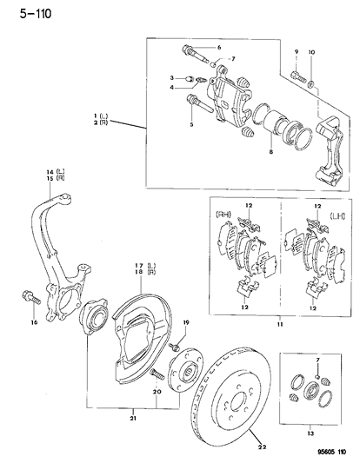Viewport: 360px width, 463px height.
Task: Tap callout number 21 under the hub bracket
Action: (x=131, y=420)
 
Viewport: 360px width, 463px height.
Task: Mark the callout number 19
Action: (x=184, y=322)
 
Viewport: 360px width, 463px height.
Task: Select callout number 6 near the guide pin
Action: (x=219, y=46)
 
